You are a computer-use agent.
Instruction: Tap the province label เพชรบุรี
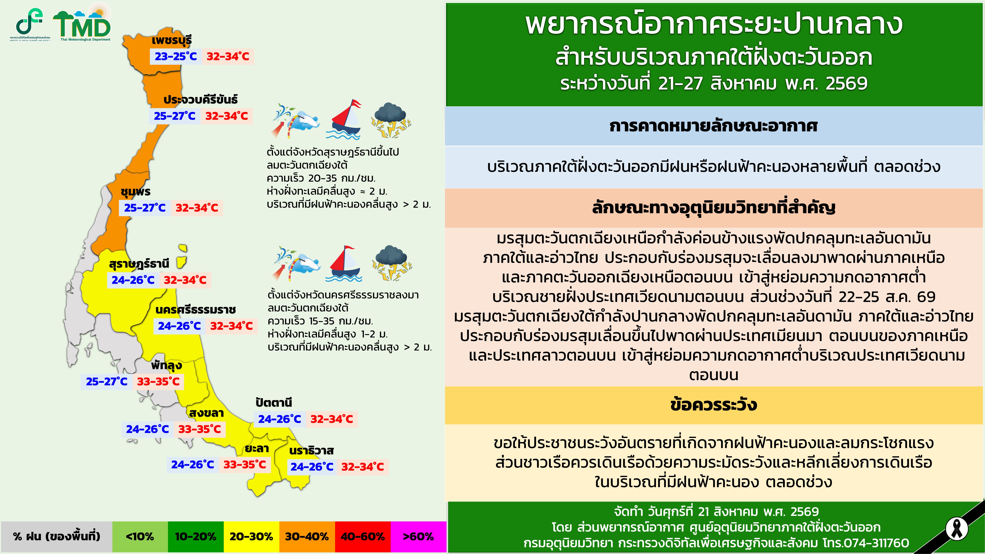pyautogui.click(x=172, y=40)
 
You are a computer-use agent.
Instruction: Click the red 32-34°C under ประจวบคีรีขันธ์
pyautogui.click(x=227, y=116)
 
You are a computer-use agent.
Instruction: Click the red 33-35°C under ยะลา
pyautogui.click(x=245, y=465)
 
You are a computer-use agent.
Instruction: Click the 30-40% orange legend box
pyautogui.click(x=307, y=537)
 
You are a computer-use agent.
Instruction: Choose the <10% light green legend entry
pyautogui.click(x=140, y=537)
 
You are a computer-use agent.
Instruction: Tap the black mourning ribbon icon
pyautogui.click(x=957, y=529)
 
